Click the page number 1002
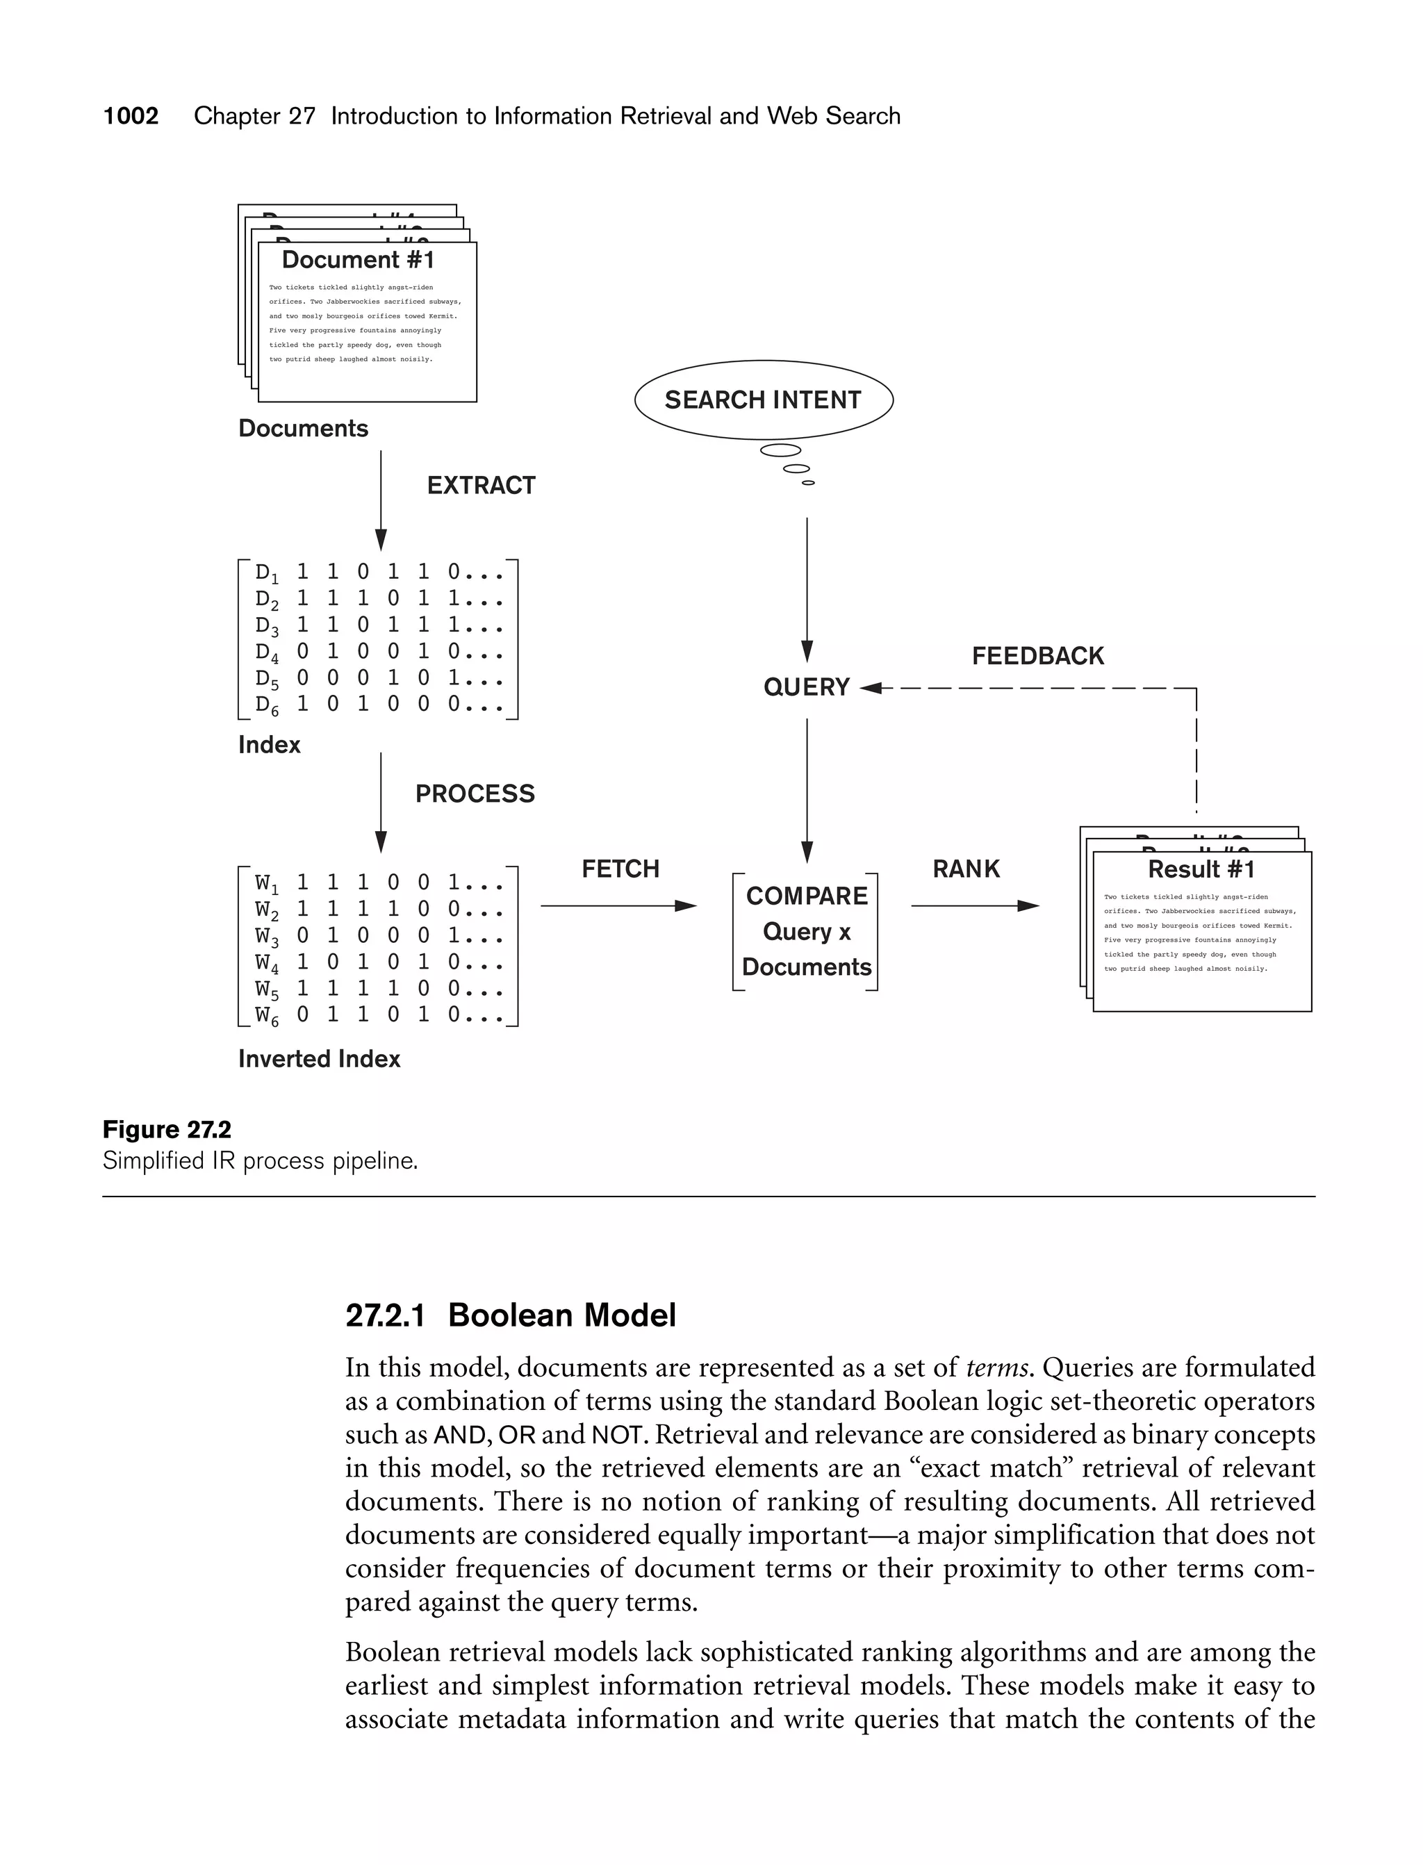[131, 116]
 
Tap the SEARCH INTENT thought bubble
[763, 400]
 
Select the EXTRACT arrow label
[481, 485]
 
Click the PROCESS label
[475, 794]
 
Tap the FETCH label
[620, 869]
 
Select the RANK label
[966, 869]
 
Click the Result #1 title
[1201, 870]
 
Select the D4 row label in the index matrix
[267, 653]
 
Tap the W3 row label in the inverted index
[267, 937]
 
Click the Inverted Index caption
[320, 1059]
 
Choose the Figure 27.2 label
[167, 1130]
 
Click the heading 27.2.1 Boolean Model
[511, 1315]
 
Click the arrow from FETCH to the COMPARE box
[618, 906]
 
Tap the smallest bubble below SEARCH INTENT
[808, 483]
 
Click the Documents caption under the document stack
[303, 429]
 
